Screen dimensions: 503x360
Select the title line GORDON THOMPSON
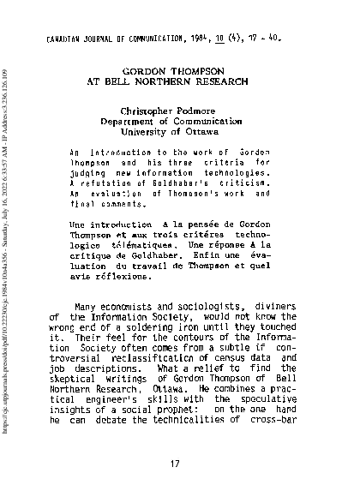click(179, 75)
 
